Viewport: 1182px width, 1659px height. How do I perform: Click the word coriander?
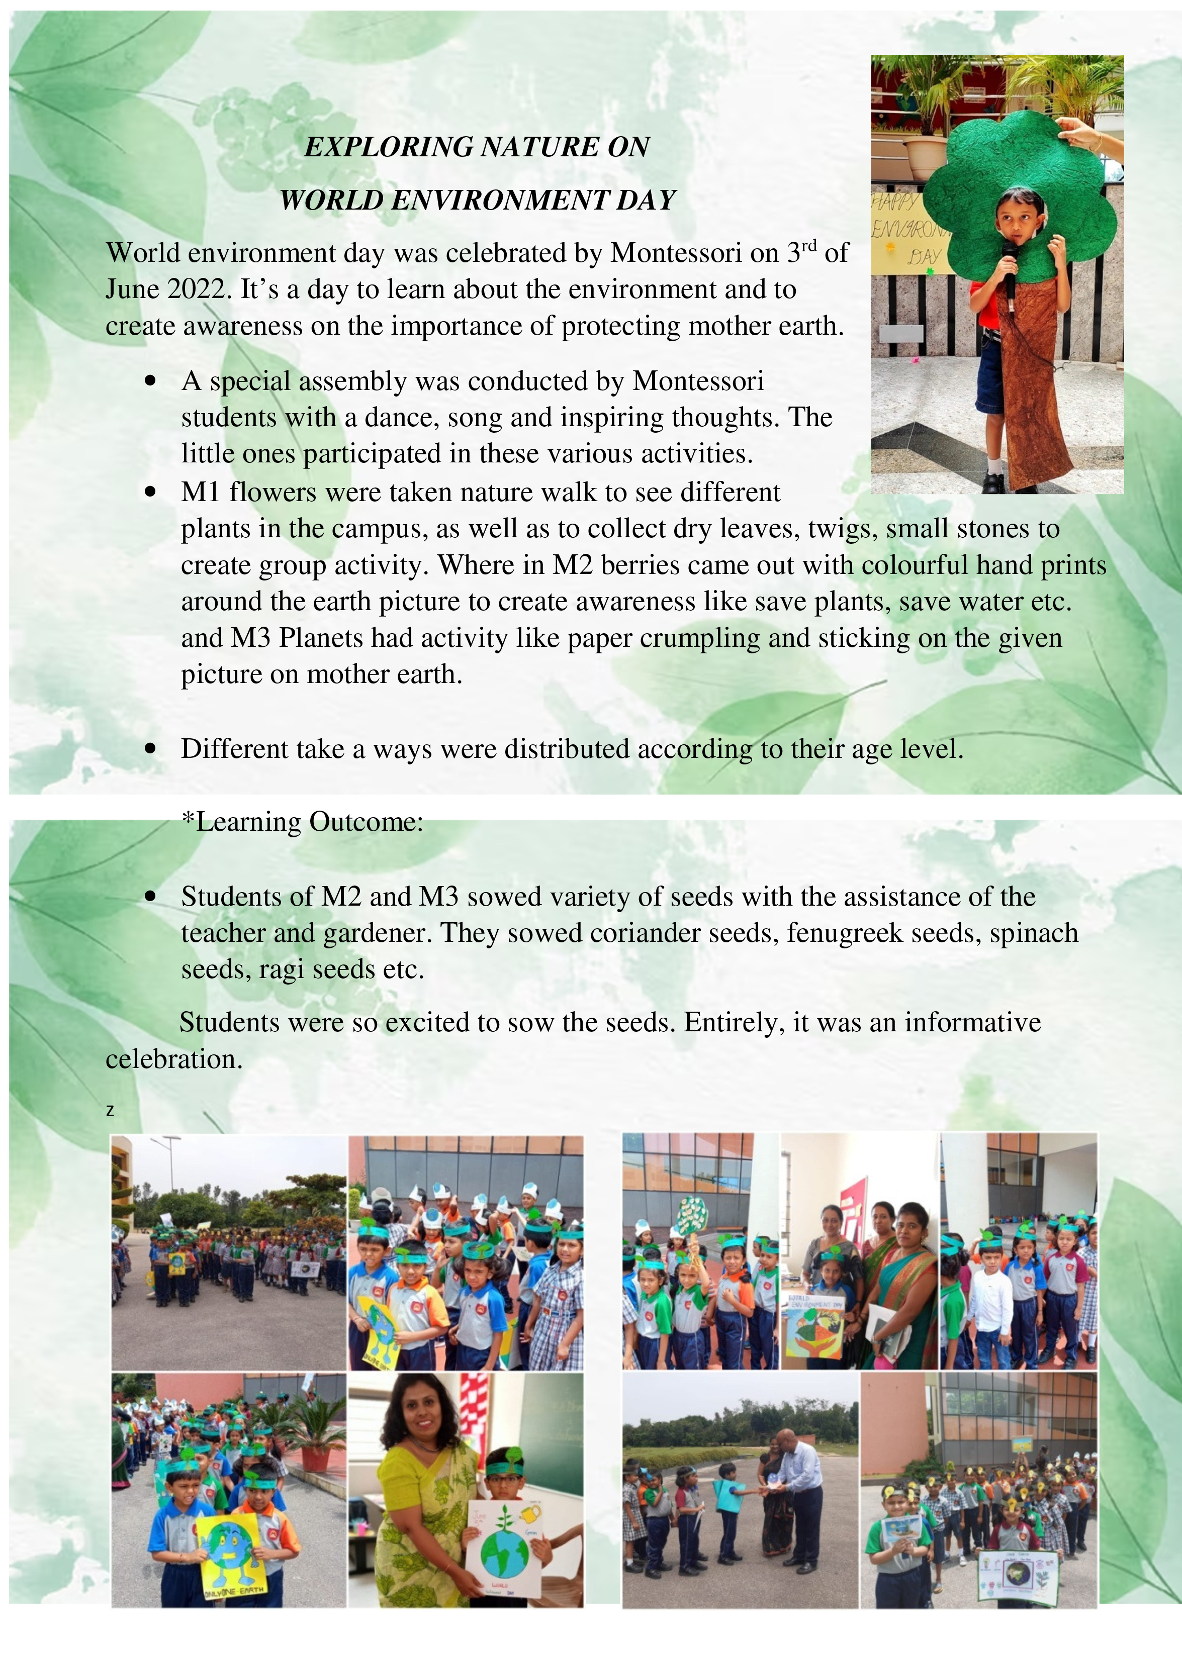(634, 933)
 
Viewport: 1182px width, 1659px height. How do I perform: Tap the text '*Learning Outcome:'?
(302, 822)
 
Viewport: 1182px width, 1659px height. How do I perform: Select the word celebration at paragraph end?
(173, 1059)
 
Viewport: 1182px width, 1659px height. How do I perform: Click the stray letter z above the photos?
(110, 1110)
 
